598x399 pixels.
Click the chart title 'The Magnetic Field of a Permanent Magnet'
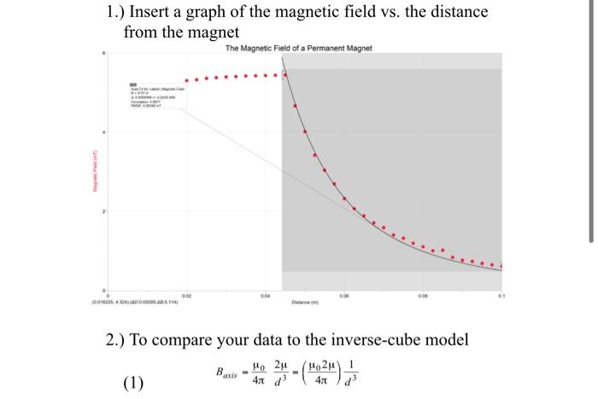click(x=298, y=48)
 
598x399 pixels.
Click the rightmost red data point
click(x=501, y=266)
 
